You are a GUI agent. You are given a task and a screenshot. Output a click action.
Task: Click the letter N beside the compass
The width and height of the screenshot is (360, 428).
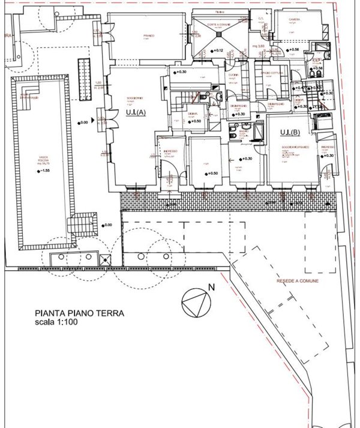211,288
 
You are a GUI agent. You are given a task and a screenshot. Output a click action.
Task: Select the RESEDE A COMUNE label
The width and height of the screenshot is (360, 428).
298,281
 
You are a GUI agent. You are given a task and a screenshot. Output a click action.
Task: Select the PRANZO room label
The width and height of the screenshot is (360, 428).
148,35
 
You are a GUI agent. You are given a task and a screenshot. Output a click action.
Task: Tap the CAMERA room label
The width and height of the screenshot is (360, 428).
294,20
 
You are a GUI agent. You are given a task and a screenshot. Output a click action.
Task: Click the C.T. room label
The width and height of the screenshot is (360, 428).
262,19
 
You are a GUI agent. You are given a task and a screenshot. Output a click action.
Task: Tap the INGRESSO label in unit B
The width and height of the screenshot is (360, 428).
327,147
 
